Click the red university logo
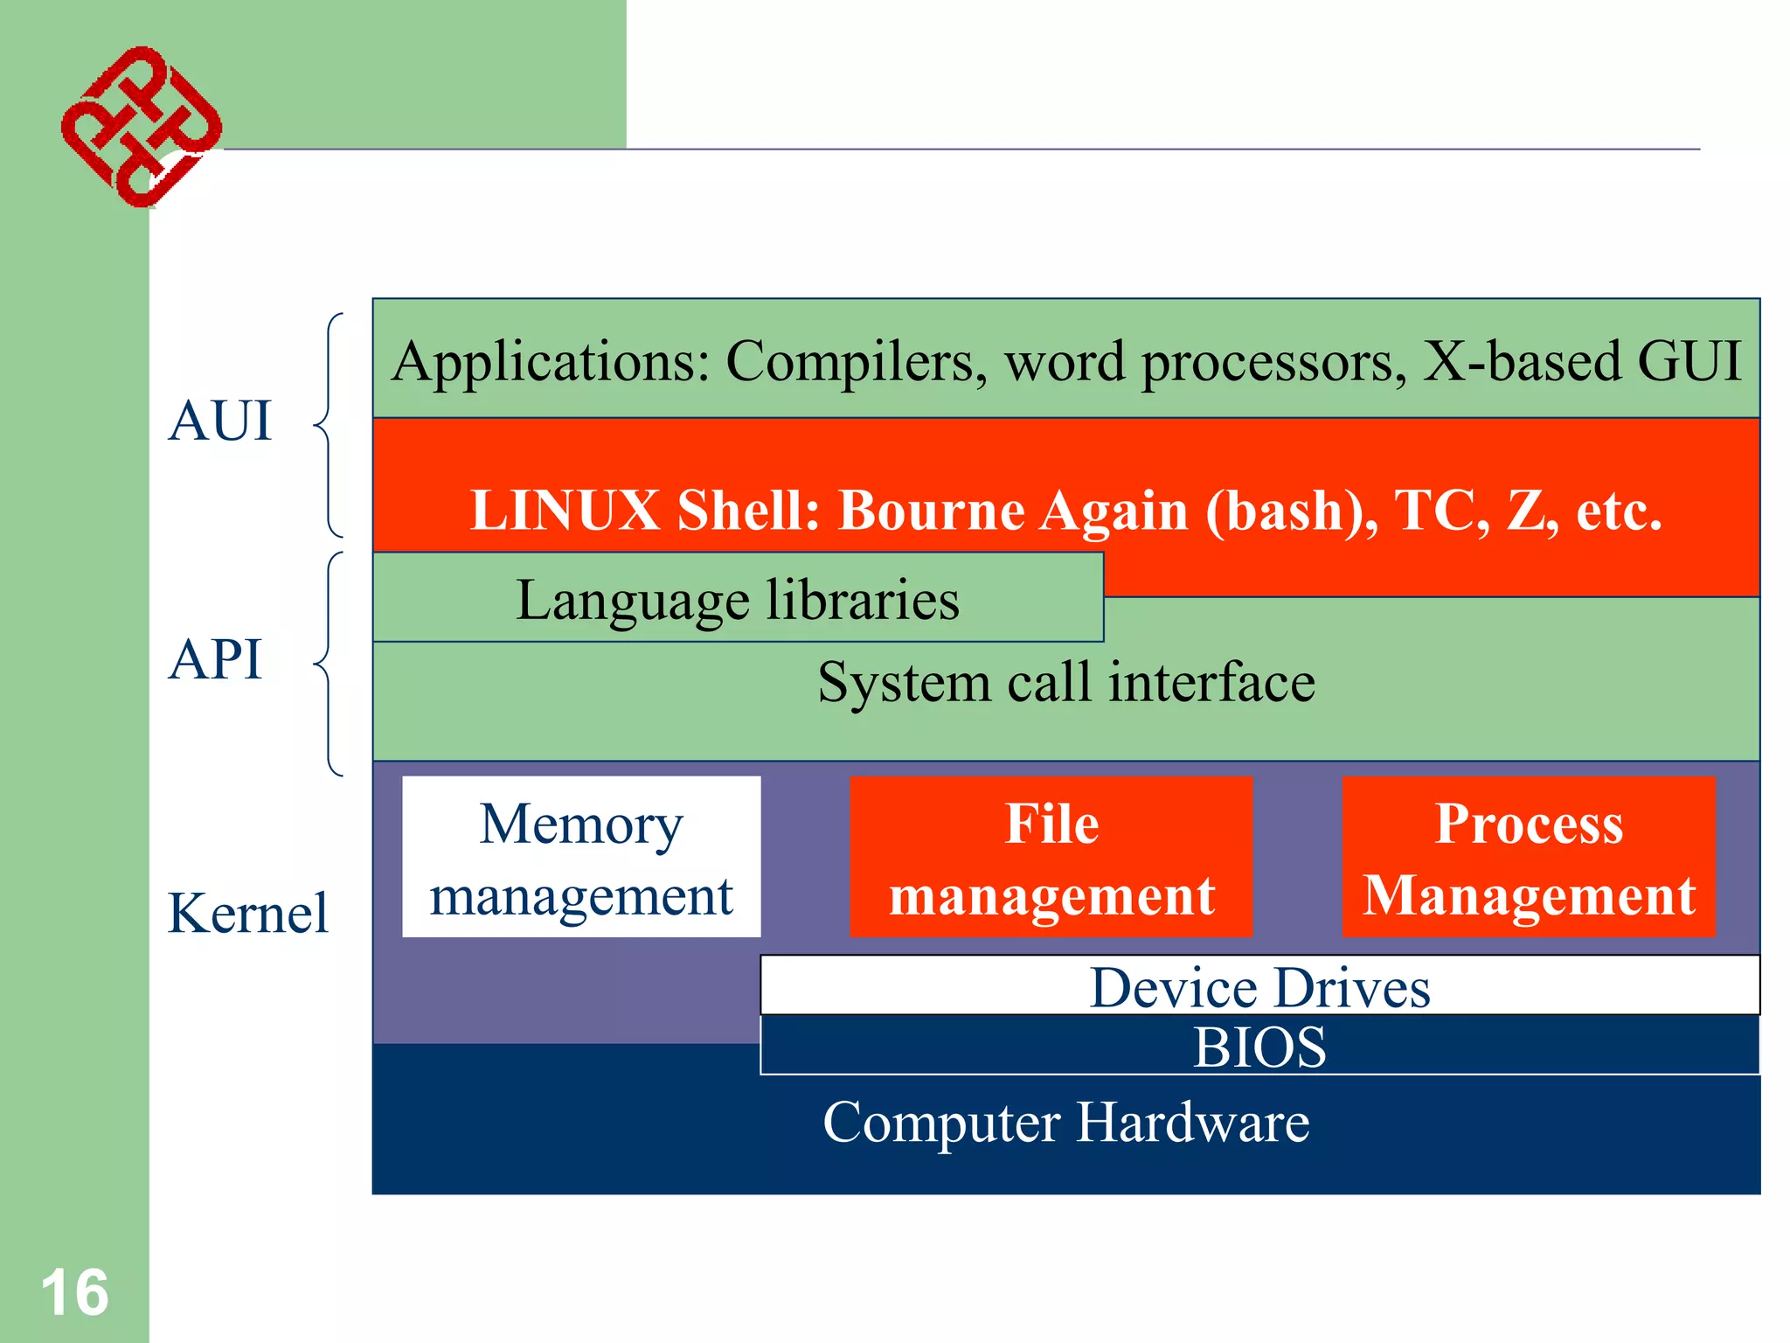(140, 128)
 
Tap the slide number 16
(74, 1293)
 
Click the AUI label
(220, 421)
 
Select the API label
(215, 659)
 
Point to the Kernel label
(247, 914)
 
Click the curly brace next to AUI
(329, 425)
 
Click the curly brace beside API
(329, 664)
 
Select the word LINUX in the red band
(565, 511)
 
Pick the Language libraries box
(738, 600)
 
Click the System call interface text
(1066, 682)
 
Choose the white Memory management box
(581, 858)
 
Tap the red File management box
(1051, 858)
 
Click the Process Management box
(1529, 858)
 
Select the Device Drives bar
(1259, 986)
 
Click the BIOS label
(1259, 1047)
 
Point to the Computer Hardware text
(1066, 1123)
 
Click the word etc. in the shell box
(1619, 511)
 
